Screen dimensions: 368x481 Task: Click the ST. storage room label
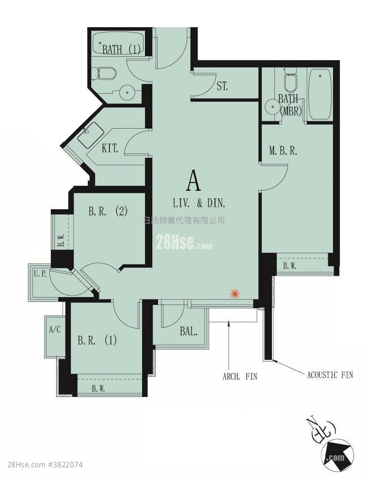[x=222, y=86]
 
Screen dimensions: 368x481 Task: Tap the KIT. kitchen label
[x=110, y=149]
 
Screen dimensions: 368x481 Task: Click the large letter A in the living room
[x=193, y=181]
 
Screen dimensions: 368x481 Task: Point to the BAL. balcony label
[x=189, y=331]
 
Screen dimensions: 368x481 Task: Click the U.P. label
[x=40, y=274]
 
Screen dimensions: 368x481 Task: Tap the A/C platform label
[x=55, y=330]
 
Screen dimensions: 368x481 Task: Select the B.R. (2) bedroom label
[x=108, y=211]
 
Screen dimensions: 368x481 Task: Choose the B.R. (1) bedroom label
[x=97, y=340]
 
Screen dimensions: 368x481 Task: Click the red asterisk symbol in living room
[x=234, y=294]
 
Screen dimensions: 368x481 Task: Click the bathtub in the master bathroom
[x=320, y=95]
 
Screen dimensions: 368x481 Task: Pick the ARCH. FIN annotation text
[x=240, y=376]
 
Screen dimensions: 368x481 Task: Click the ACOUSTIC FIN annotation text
[x=330, y=375]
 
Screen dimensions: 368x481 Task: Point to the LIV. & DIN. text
[x=199, y=203]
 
